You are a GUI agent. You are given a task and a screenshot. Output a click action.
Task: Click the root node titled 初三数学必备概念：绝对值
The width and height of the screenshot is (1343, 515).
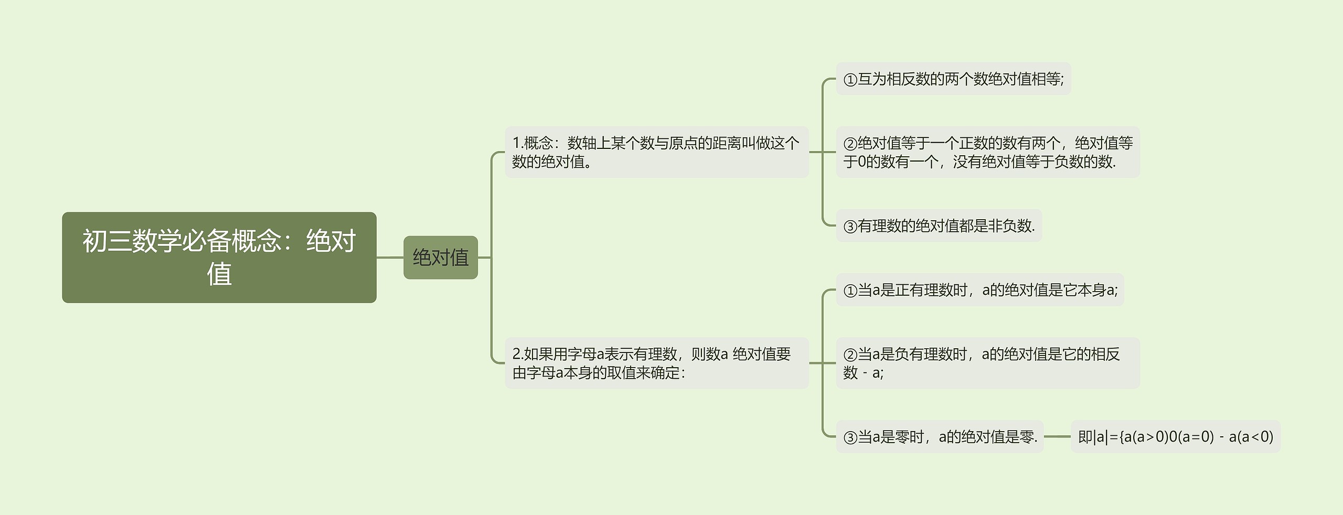point(219,257)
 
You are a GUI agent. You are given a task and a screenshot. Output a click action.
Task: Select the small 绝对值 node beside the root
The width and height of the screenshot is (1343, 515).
point(440,257)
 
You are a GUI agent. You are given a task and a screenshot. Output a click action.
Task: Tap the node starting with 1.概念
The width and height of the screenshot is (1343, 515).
point(656,152)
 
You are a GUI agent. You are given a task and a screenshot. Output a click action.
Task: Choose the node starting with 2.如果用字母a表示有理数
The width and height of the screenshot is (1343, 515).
point(656,363)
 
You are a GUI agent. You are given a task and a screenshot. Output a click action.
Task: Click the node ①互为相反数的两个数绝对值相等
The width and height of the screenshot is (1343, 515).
point(953,79)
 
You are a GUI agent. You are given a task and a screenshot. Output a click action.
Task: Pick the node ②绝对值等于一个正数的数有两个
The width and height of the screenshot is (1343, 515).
point(987,152)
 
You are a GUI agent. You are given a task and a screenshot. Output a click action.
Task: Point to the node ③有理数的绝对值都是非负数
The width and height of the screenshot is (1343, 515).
point(939,226)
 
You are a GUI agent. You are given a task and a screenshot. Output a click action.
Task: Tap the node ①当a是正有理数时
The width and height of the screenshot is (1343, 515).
point(979,290)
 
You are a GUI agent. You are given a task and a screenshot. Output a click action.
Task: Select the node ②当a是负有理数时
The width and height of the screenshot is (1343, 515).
point(987,363)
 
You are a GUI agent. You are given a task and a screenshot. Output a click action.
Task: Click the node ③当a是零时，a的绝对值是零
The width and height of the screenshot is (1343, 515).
point(940,437)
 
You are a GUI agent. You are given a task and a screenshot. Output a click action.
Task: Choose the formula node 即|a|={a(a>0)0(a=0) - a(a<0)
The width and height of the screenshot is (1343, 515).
point(1175,437)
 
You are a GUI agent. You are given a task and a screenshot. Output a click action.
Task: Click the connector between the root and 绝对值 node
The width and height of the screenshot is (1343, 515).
point(390,257)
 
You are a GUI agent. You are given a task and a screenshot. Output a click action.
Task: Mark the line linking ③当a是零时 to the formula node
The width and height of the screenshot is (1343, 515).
point(1057,436)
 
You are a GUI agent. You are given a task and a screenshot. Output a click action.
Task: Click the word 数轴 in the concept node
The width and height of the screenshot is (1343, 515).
point(582,143)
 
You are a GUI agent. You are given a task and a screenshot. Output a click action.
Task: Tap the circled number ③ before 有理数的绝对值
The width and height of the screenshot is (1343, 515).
point(850,227)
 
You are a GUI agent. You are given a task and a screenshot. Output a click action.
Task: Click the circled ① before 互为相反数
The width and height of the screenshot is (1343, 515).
point(850,80)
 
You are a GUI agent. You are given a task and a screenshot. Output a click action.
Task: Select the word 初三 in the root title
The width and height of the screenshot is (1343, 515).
point(95,241)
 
